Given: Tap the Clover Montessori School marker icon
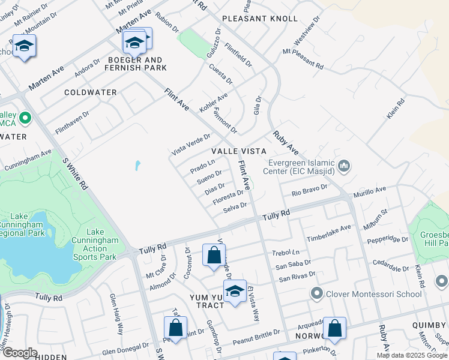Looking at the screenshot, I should pos(317,293).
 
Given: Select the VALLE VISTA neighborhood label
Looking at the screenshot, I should pos(238,152).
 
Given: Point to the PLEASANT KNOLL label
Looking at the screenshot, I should pos(259,19).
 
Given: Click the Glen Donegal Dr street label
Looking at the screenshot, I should pos(125,350).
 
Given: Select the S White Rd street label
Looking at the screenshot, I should pos(75,174).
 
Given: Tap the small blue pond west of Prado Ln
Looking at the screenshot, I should pos(137,164).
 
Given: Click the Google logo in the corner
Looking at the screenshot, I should pos(20,353).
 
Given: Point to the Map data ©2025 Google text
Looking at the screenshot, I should pos(412,355).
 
